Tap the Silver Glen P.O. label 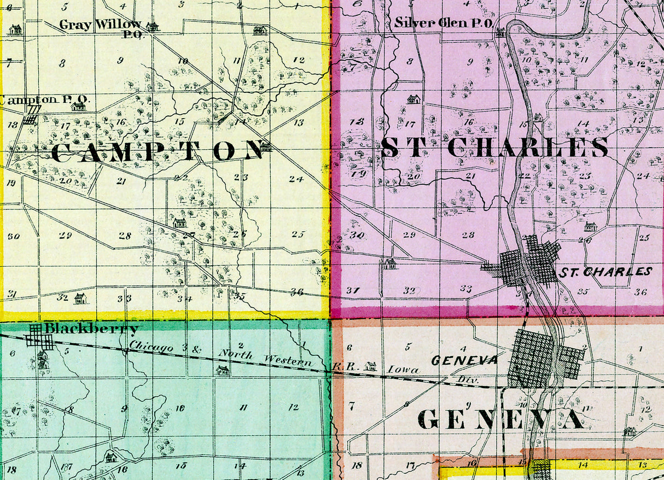pyautogui.click(x=444, y=23)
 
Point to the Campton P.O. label pyautogui.click(x=44, y=100)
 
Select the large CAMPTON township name pyautogui.click(x=158, y=151)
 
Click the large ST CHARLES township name pyautogui.click(x=494, y=147)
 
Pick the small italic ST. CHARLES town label pyautogui.click(x=604, y=272)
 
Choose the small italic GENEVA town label pyautogui.click(x=465, y=360)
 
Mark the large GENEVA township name pyautogui.click(x=500, y=419)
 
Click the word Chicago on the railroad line pyautogui.click(x=152, y=347)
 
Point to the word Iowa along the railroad pyautogui.click(x=403, y=370)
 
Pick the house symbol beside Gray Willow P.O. pyautogui.click(x=152, y=26)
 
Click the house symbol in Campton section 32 pyautogui.click(x=80, y=298)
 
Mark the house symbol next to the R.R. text pyautogui.click(x=371, y=366)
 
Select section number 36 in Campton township pyautogui.click(x=296, y=292)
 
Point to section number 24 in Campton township pyautogui.click(x=296, y=179)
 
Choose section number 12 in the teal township pyautogui.click(x=294, y=407)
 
